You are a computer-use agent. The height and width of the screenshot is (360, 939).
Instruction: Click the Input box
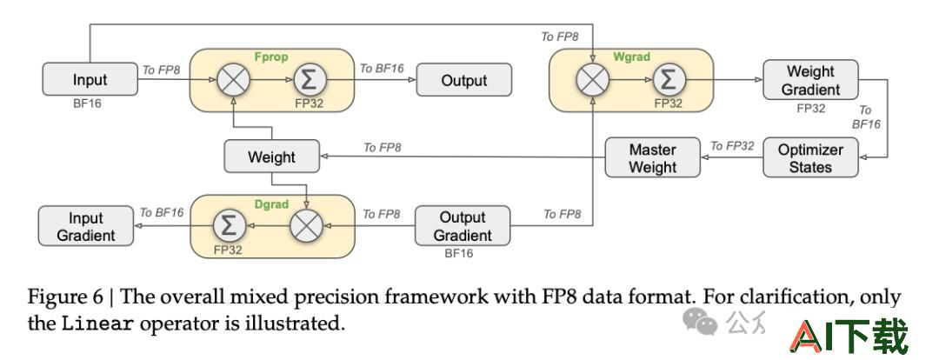(90, 79)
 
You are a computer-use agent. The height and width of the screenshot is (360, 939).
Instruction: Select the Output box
(464, 80)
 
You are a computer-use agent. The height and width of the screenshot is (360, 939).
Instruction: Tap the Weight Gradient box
(810, 80)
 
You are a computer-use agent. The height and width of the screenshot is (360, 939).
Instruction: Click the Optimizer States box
(810, 157)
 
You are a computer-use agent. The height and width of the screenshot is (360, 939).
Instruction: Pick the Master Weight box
(652, 157)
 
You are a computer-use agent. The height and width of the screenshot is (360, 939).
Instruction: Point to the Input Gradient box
(85, 226)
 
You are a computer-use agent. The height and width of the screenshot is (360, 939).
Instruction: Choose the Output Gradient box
(463, 226)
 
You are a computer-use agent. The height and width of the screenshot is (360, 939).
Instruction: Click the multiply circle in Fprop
(232, 80)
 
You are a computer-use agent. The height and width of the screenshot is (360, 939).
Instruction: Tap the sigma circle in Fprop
(309, 80)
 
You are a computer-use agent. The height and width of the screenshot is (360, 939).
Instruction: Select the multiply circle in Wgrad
(593, 80)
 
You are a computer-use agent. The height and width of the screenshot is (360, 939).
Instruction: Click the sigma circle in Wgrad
(669, 80)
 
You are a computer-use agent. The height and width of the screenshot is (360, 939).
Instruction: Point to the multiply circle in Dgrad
(306, 226)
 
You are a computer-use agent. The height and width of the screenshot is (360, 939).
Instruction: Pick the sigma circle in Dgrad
(230, 226)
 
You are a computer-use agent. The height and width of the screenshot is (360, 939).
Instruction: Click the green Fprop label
(271, 57)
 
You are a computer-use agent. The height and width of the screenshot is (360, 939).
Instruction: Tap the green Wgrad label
(632, 57)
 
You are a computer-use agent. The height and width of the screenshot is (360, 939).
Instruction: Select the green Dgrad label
(270, 204)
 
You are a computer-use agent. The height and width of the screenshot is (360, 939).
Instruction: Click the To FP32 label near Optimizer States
(732, 145)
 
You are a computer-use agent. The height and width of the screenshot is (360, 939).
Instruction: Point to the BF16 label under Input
(88, 103)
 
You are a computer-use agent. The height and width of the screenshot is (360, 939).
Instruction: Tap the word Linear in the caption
(98, 323)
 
